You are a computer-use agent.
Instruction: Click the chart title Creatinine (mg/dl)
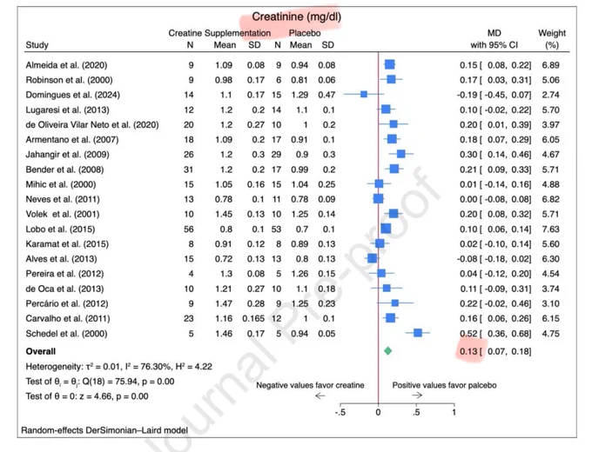tap(296, 17)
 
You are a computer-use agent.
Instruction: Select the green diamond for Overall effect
tap(387, 351)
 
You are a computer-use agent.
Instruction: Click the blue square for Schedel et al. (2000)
tap(418, 333)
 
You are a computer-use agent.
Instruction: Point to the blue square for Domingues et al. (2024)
tap(364, 94)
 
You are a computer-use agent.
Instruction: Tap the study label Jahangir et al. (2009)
tap(67, 155)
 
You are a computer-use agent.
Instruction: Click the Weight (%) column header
tap(552, 39)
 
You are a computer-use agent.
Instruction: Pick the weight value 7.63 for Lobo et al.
tap(550, 229)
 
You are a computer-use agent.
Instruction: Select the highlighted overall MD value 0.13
tap(468, 351)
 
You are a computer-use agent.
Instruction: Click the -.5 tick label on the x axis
tap(340, 412)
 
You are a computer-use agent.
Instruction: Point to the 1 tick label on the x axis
tap(454, 412)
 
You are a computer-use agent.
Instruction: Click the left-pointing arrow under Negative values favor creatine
tap(320, 395)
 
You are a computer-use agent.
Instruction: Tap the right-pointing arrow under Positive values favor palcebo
tap(417, 395)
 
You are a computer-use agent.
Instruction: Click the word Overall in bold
tap(41, 351)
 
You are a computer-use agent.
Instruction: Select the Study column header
tap(37, 45)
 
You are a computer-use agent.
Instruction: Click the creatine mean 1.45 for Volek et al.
tap(224, 214)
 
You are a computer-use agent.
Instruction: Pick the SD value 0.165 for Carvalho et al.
tap(253, 318)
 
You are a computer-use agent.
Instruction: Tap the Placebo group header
tap(305, 33)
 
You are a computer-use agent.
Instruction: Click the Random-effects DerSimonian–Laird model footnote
tap(104, 430)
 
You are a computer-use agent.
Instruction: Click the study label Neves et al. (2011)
tap(63, 199)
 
